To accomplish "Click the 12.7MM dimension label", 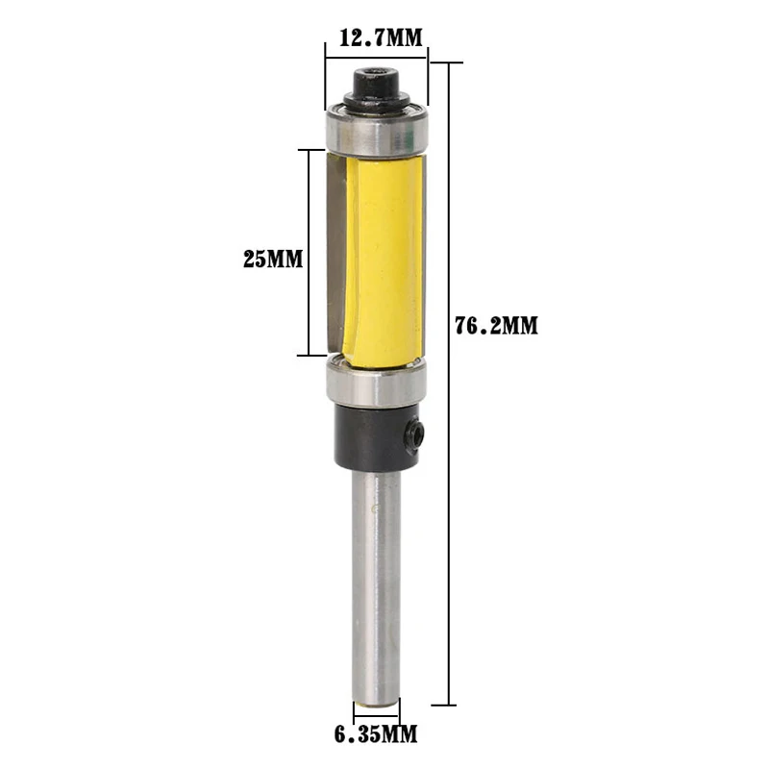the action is tap(381, 37).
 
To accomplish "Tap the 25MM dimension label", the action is tap(273, 259).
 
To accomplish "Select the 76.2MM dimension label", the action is tap(496, 326).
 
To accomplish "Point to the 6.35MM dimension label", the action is tap(376, 734).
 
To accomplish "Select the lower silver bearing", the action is tap(376, 382).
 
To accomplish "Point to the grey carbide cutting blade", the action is tap(336, 253).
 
